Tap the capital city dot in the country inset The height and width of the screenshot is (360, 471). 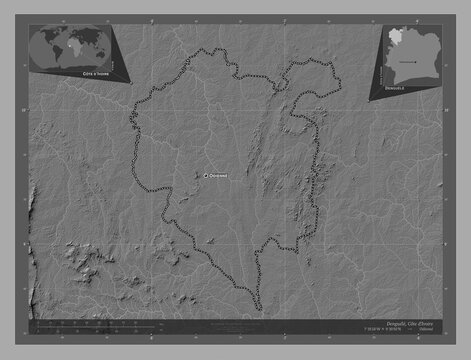click(408, 58)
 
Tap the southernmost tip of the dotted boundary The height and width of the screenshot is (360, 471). click(259, 311)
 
